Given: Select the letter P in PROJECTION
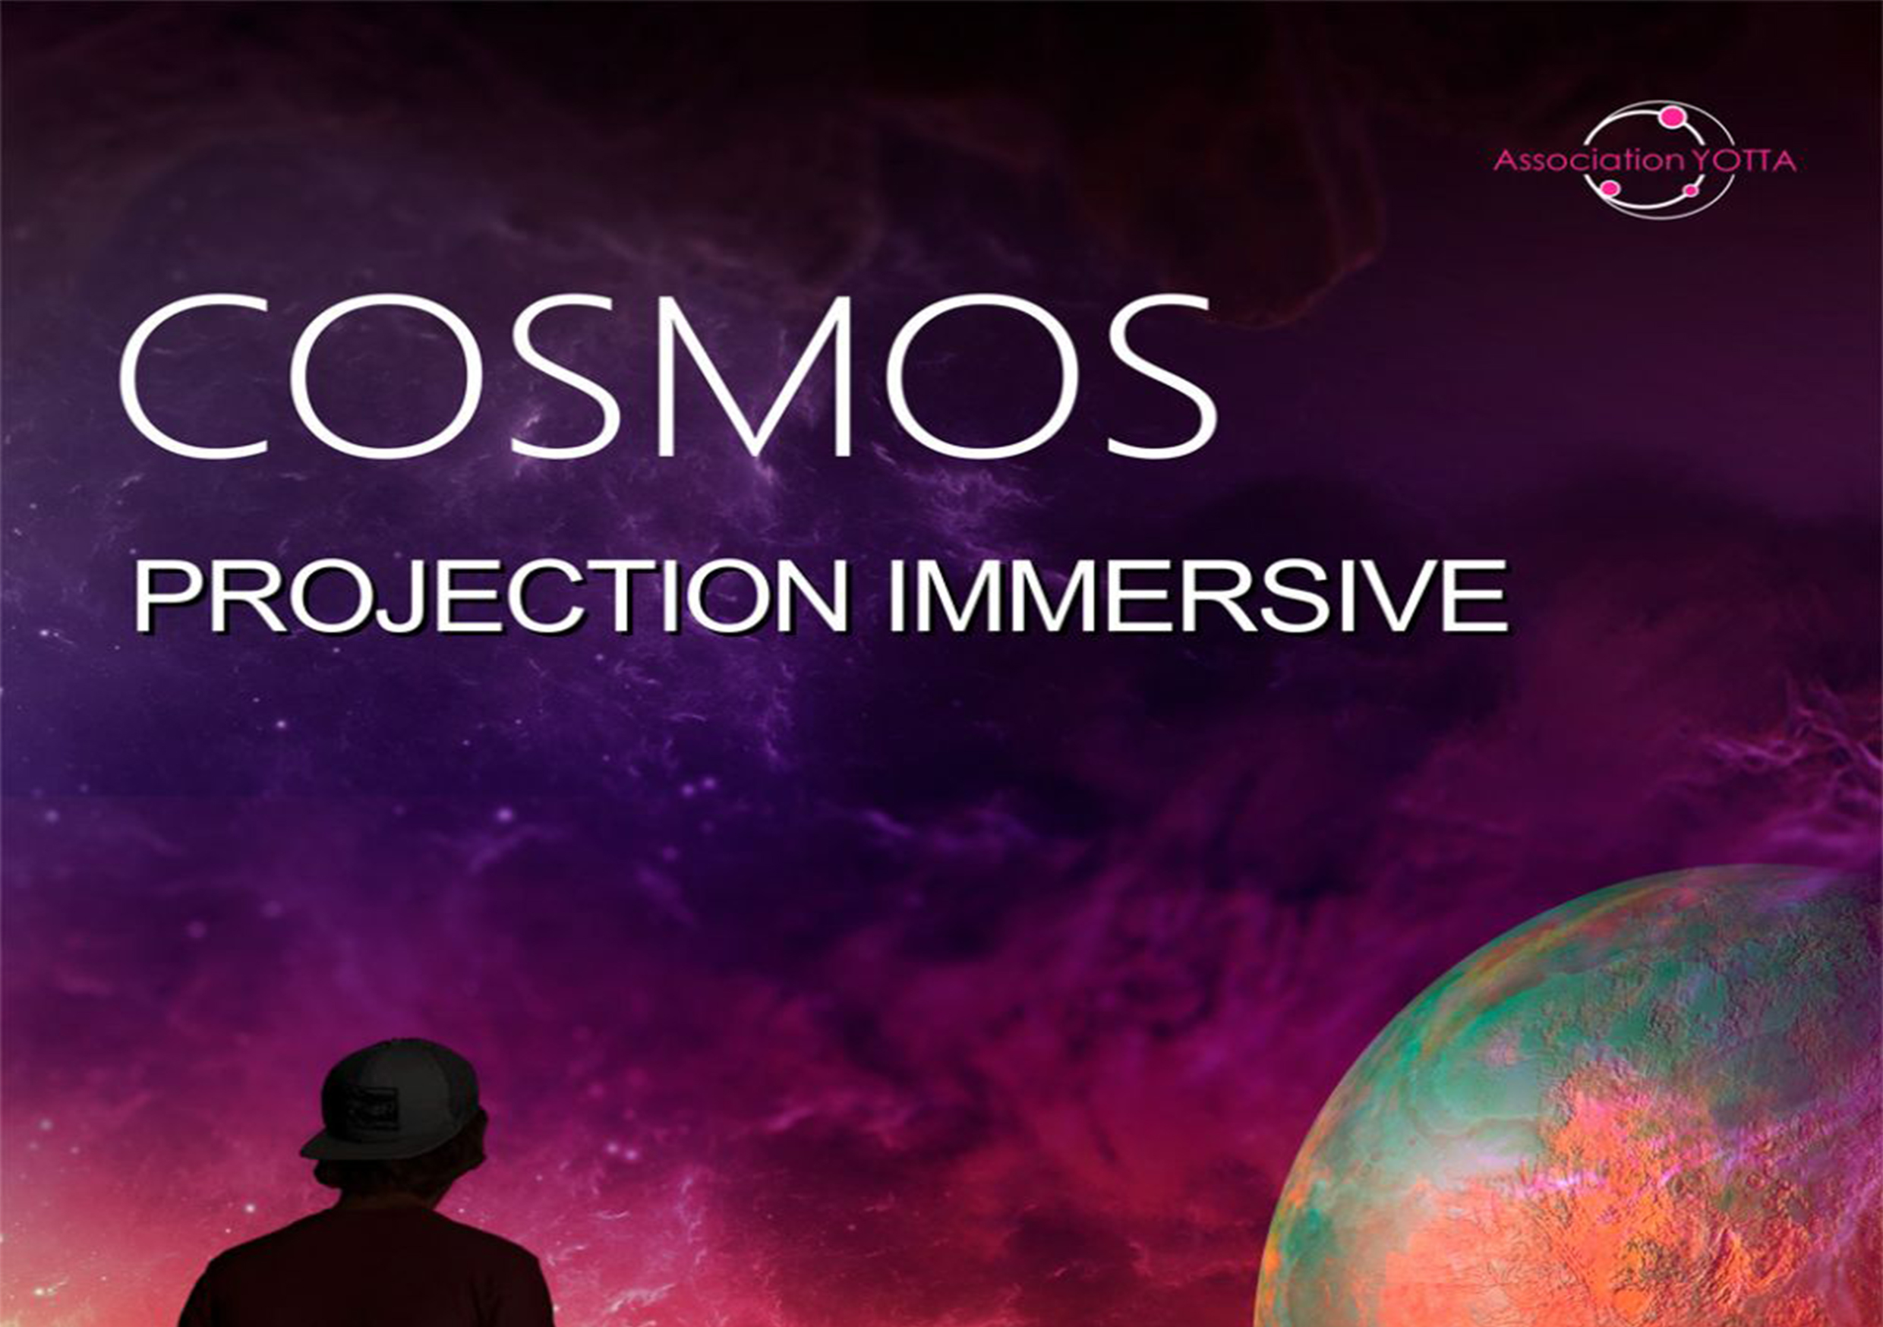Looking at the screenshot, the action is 164,595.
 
